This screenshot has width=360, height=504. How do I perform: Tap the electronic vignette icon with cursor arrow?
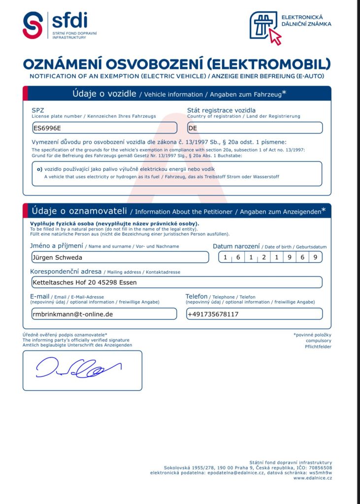pyautogui.click(x=265, y=27)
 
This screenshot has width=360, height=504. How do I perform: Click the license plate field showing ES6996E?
pyautogui.click(x=104, y=128)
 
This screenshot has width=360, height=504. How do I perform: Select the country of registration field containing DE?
pyautogui.click(x=255, y=128)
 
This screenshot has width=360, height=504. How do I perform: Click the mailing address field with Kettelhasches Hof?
pyautogui.click(x=176, y=282)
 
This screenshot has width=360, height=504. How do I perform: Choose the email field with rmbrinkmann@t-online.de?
pyautogui.click(x=104, y=314)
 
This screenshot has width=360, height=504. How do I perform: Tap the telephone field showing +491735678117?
pyautogui.click(x=255, y=314)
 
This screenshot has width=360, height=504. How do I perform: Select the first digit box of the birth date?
pyautogui.click(x=225, y=257)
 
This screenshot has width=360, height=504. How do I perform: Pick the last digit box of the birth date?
pyautogui.click(x=316, y=257)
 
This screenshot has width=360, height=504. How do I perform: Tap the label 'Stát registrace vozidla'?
pyautogui.click(x=221, y=110)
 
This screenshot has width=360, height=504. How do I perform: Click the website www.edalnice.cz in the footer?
pyautogui.click(x=313, y=478)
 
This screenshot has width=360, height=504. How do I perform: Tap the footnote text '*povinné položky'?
pyautogui.click(x=312, y=335)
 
